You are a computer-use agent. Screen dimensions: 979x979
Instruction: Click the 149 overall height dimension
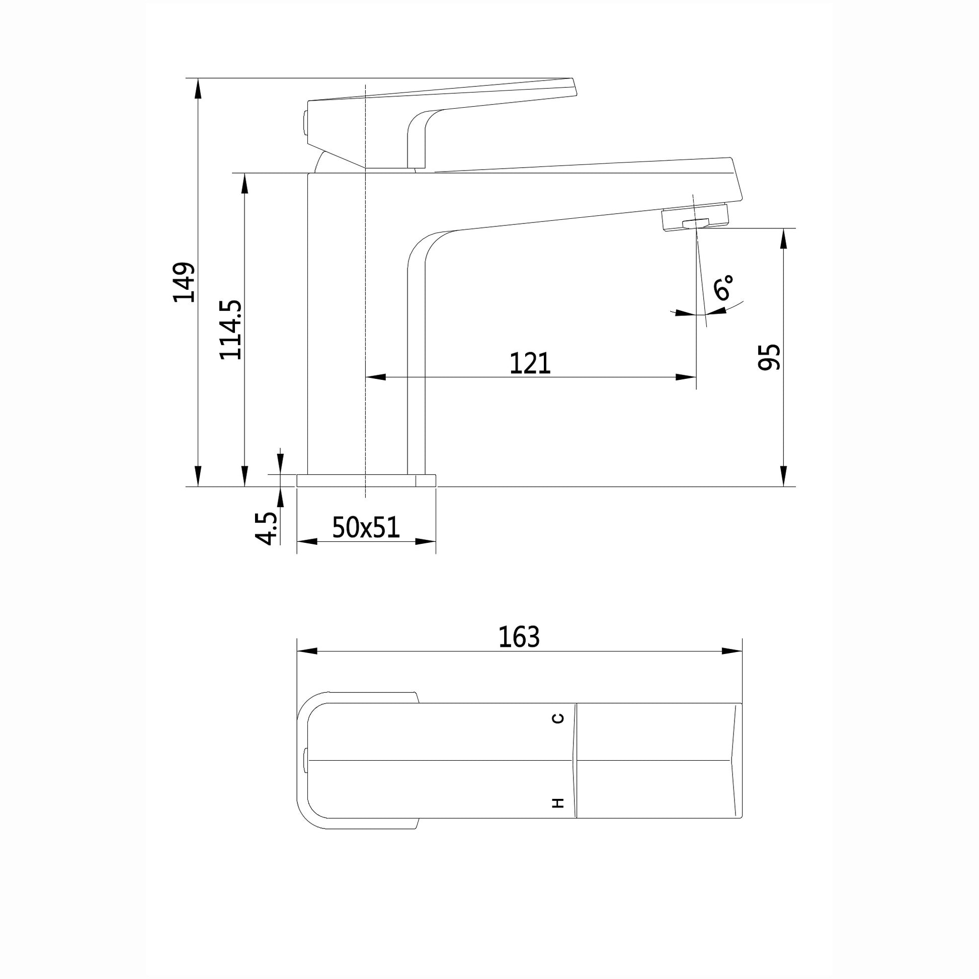[x=184, y=282]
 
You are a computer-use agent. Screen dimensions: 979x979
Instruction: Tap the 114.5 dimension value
[x=230, y=330]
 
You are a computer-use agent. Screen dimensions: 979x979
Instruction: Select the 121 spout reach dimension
[x=530, y=363]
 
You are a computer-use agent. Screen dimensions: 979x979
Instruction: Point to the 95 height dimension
[x=769, y=357]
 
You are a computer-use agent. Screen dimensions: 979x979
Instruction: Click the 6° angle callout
[x=723, y=287]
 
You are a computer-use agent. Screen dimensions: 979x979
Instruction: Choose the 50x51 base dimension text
[x=366, y=528]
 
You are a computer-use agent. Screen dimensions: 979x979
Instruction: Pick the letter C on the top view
[x=558, y=718]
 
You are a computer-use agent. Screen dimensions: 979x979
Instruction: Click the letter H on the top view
[x=558, y=802]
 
